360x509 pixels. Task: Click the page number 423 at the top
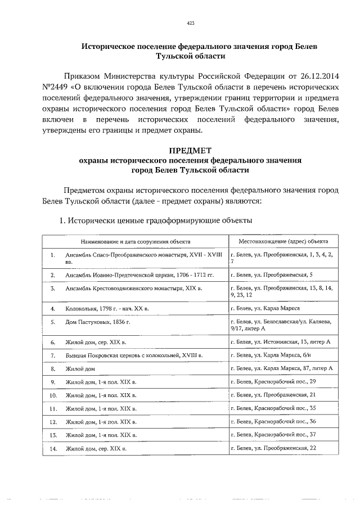190,23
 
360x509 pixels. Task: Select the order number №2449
55,88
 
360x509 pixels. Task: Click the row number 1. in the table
53,255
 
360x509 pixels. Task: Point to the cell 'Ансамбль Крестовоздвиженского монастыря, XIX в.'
133,288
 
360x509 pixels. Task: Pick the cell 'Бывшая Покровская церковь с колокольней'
133,355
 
